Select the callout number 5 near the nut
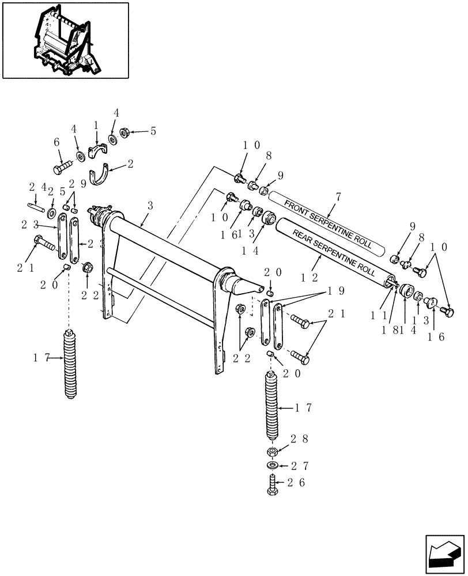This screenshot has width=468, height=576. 153,131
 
